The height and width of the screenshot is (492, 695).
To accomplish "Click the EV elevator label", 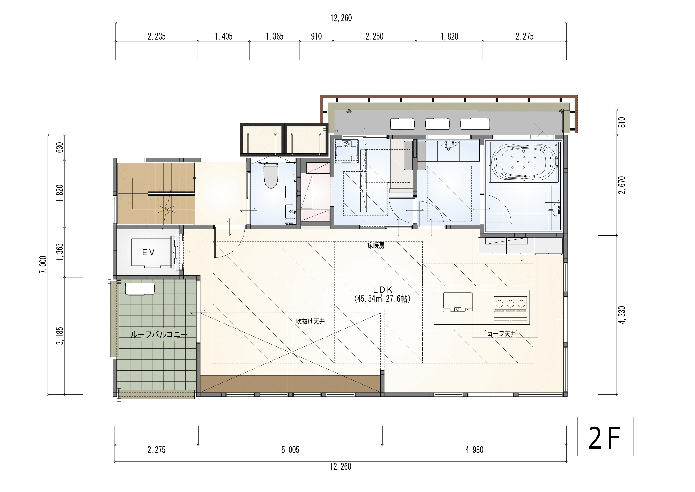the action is (148, 253).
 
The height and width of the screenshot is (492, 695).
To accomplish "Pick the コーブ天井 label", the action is (501, 334).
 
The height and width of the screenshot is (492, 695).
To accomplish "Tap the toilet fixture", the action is (271, 175).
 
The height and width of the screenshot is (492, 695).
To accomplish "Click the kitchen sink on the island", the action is (457, 302).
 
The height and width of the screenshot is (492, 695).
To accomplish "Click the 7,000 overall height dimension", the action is (43, 264).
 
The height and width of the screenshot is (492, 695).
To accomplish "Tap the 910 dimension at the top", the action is (316, 36).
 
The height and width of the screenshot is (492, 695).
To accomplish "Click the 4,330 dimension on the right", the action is (622, 315).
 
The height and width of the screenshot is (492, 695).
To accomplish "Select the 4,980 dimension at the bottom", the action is (474, 450).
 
